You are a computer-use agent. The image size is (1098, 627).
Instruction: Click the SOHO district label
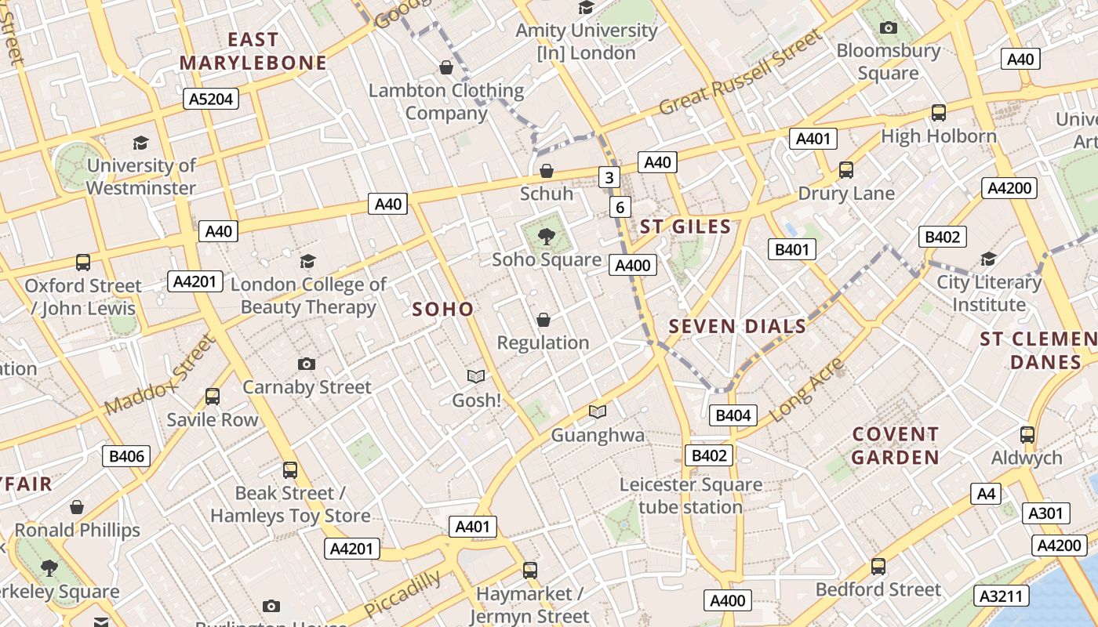(x=443, y=309)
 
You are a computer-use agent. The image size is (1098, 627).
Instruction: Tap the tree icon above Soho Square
(x=546, y=234)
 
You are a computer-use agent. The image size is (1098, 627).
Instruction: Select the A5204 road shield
(x=211, y=99)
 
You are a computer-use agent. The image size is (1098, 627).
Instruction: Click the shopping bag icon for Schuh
(x=547, y=170)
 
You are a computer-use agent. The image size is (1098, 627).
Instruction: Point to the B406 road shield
(x=125, y=456)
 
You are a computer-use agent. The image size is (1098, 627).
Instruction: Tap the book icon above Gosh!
(x=476, y=376)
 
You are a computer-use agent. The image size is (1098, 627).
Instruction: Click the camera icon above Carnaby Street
(x=307, y=364)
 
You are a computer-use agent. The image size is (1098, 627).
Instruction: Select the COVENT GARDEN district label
(x=895, y=445)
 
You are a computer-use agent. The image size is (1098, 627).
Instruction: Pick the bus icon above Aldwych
(x=1027, y=434)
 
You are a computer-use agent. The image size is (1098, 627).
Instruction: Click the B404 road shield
(x=733, y=415)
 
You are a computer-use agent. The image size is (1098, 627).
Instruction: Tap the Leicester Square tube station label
(x=690, y=496)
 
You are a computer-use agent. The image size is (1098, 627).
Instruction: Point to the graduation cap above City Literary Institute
(x=988, y=259)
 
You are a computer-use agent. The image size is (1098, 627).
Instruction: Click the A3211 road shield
(x=1002, y=596)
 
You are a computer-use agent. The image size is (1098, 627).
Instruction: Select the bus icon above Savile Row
(x=212, y=397)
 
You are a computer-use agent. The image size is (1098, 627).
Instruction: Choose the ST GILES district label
(x=685, y=227)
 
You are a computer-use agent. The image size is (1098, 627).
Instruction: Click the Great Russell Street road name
(x=740, y=72)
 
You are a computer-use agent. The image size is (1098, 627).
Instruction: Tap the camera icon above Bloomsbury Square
(x=888, y=28)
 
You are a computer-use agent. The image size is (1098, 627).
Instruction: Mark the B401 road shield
(x=791, y=249)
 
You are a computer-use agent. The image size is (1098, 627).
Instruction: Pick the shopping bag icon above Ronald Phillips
(x=77, y=507)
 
